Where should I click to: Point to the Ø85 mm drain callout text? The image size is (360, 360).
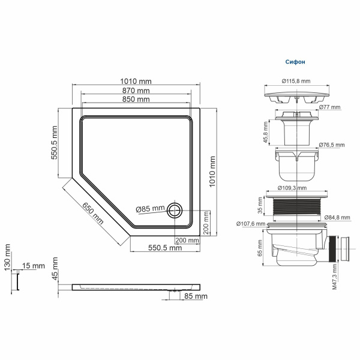point(150,209)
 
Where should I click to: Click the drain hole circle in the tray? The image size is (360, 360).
point(175,209)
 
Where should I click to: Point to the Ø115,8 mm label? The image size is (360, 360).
point(296,81)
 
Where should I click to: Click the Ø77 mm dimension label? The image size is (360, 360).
point(329,107)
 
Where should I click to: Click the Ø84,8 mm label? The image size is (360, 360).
point(337,217)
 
